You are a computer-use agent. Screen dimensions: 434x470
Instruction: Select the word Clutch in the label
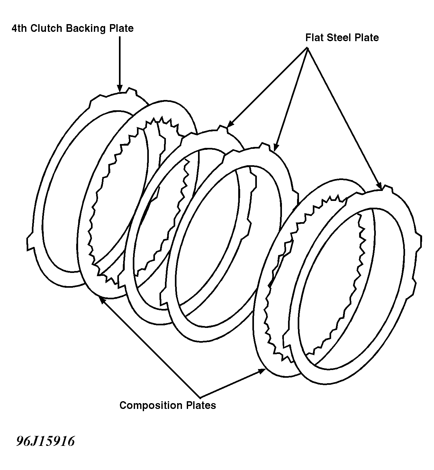[x=46, y=28]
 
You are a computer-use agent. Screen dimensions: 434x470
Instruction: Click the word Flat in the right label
[x=314, y=38]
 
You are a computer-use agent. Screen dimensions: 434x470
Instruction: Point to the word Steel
[x=339, y=38]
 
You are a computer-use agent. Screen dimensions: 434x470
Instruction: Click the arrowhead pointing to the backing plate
[x=120, y=89]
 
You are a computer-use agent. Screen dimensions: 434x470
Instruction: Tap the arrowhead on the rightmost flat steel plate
[x=379, y=186]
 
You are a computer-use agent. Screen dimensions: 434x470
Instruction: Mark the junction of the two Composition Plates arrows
[x=200, y=397]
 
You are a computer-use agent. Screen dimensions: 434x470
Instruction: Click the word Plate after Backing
[x=121, y=28]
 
